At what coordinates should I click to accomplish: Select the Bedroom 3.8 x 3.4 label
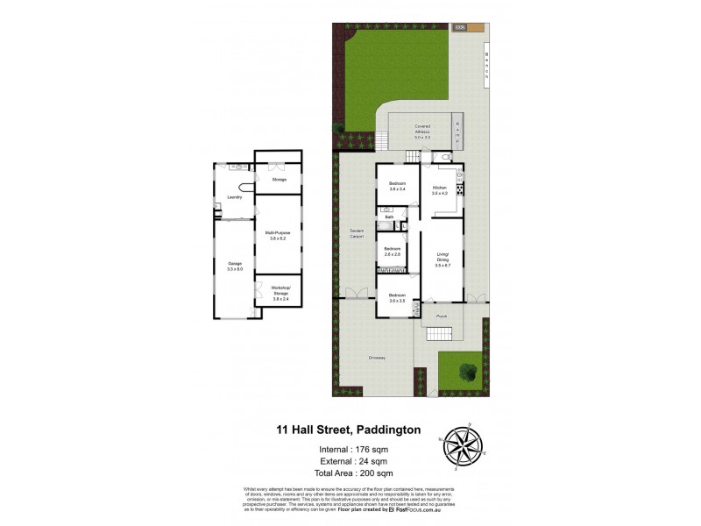pyautogui.click(x=398, y=187)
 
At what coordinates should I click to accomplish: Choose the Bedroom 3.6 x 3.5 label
pyautogui.click(x=398, y=298)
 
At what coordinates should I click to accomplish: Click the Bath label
pyautogui.click(x=388, y=217)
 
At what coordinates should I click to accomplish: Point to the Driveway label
pyautogui.click(x=377, y=358)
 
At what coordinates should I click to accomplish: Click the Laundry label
pyautogui.click(x=235, y=197)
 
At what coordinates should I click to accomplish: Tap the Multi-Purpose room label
pyautogui.click(x=279, y=235)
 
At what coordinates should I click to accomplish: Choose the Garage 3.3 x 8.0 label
pyautogui.click(x=235, y=266)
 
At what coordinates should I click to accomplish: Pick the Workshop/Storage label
pyautogui.click(x=280, y=292)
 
